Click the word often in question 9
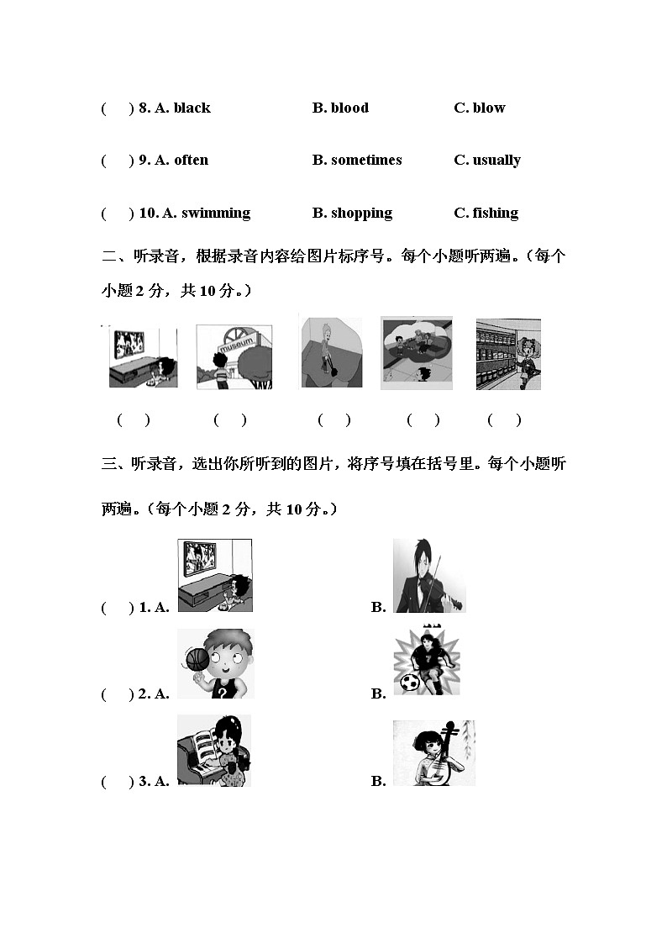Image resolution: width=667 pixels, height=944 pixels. (191, 160)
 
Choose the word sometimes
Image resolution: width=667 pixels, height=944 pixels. (366, 160)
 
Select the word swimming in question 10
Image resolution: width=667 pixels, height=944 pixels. (216, 213)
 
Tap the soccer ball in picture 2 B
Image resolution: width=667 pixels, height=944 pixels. (409, 683)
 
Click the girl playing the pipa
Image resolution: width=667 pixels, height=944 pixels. (433, 753)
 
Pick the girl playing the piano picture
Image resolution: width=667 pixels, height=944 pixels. (214, 752)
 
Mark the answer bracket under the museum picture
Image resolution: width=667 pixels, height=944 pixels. (229, 420)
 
